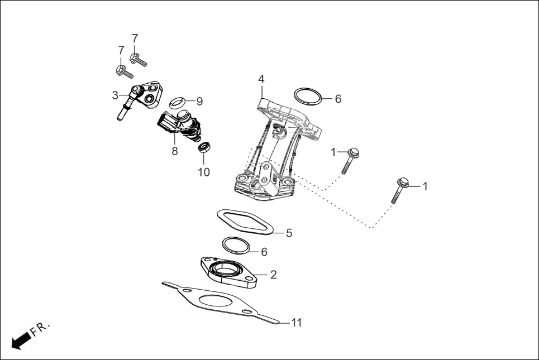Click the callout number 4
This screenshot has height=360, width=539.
tap(261, 79)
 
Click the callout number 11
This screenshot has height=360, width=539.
tap(297, 323)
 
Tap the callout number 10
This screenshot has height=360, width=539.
tap(204, 172)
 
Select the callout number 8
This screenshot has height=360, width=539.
tap(175, 151)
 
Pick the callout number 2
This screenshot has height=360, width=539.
tap(273, 275)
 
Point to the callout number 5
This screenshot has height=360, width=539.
tap(289, 233)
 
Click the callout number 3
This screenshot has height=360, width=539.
tap(115, 95)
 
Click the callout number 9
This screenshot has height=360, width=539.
tap(199, 102)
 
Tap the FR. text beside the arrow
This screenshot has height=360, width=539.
tap(40, 329)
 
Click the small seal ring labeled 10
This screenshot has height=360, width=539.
tap(204, 148)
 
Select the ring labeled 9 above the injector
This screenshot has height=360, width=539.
tap(178, 102)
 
